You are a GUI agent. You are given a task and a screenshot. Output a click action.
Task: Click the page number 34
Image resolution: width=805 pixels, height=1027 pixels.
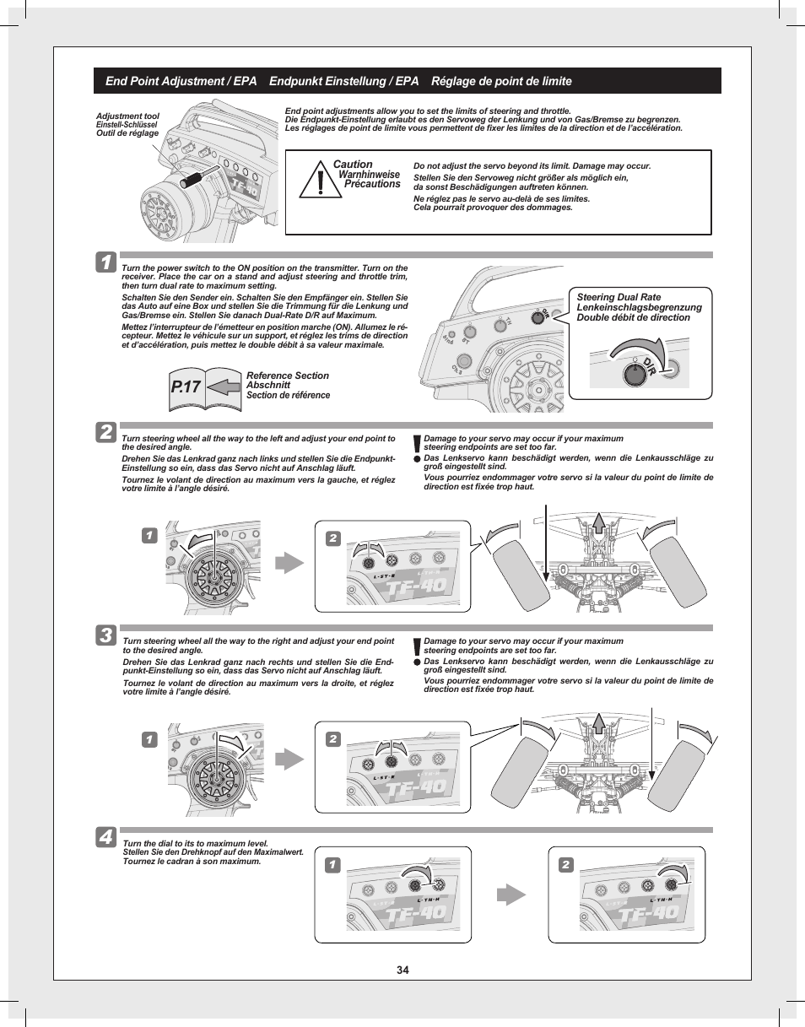click(x=402, y=970)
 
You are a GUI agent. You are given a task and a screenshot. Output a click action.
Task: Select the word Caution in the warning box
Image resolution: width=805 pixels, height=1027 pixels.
click(x=353, y=165)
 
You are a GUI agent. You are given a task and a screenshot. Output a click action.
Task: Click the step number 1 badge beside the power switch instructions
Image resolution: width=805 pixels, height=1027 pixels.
click(x=107, y=262)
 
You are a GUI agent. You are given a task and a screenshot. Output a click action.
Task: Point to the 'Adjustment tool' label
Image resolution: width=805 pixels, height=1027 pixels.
click(x=127, y=116)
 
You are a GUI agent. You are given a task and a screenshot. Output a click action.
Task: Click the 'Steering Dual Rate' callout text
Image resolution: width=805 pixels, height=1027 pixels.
click(x=619, y=297)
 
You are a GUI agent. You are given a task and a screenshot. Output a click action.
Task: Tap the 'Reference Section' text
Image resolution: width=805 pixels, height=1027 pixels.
click(x=287, y=376)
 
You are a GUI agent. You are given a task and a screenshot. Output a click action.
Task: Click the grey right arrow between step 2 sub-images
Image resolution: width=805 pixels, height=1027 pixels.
click(x=289, y=563)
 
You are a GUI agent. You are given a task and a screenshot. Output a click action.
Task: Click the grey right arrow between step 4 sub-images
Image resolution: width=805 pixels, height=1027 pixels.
click(x=510, y=895)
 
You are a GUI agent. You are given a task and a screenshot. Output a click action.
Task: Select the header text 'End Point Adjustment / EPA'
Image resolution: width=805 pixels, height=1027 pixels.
click(x=181, y=82)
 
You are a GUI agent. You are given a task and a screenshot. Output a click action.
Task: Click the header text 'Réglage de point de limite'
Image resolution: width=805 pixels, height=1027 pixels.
click(x=501, y=82)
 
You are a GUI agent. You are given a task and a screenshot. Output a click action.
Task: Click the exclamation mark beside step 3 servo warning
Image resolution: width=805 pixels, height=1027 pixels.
click(x=417, y=648)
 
